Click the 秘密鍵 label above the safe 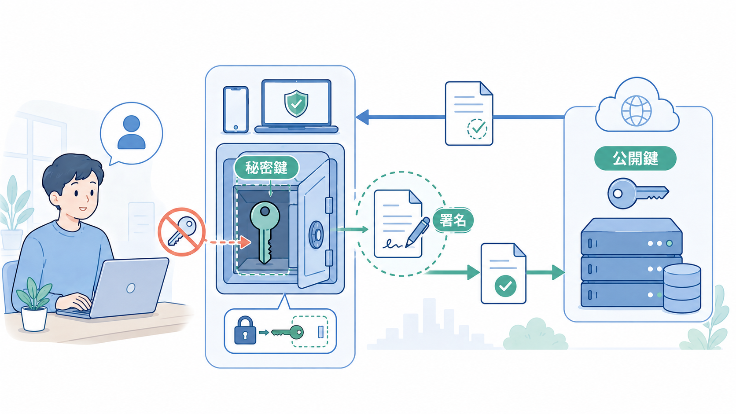266,168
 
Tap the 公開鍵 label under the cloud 635,158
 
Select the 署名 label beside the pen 453,220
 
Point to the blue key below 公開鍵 638,193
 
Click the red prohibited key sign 181,231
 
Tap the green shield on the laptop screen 296,103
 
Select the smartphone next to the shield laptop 236,110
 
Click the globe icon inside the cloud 636,111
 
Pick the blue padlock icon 245,330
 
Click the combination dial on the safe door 316,235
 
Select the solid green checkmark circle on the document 505,286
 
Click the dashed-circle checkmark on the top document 477,129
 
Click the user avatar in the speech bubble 132,132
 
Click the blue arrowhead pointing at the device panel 362,117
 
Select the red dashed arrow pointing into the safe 228,242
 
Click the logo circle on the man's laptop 131,288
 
